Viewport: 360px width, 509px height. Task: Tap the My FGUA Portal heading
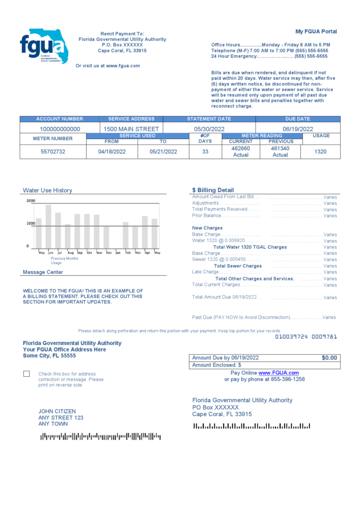[x=316, y=31]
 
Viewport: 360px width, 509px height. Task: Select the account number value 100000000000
[x=60, y=129]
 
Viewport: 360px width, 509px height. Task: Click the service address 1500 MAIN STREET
[x=131, y=129]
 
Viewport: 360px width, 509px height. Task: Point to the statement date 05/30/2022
[x=209, y=129]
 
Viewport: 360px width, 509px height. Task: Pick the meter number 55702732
[x=53, y=152]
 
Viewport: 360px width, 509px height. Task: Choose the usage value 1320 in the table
[x=321, y=152]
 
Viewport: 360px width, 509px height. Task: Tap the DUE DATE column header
[x=297, y=119]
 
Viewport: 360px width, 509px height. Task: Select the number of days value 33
[x=205, y=152]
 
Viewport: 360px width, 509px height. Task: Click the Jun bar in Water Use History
[x=48, y=227]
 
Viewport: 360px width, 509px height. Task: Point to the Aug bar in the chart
[x=68, y=236]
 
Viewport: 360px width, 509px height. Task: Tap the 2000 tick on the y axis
[x=31, y=201]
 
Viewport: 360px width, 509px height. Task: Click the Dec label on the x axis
[x=109, y=253]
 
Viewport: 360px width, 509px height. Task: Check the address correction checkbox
[x=26, y=374]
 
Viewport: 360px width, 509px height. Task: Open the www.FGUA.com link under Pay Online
[x=278, y=373]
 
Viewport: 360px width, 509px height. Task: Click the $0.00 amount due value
[x=329, y=358]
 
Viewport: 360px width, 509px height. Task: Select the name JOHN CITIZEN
[x=57, y=412]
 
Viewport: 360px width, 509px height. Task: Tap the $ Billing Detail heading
[x=213, y=190]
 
